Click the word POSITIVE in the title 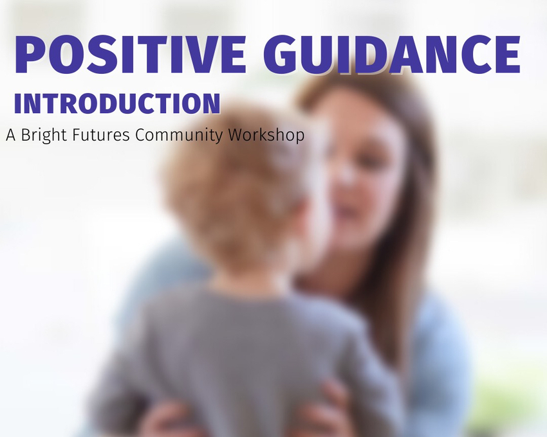pos(131,55)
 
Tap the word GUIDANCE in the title pos(392,55)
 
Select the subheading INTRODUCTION pos(117,103)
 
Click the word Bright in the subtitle pos(44,135)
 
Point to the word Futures pos(101,135)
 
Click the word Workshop pos(266,135)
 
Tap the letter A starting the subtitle pos(11,135)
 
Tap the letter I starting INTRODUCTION pos(18,103)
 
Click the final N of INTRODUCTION pos(210,103)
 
